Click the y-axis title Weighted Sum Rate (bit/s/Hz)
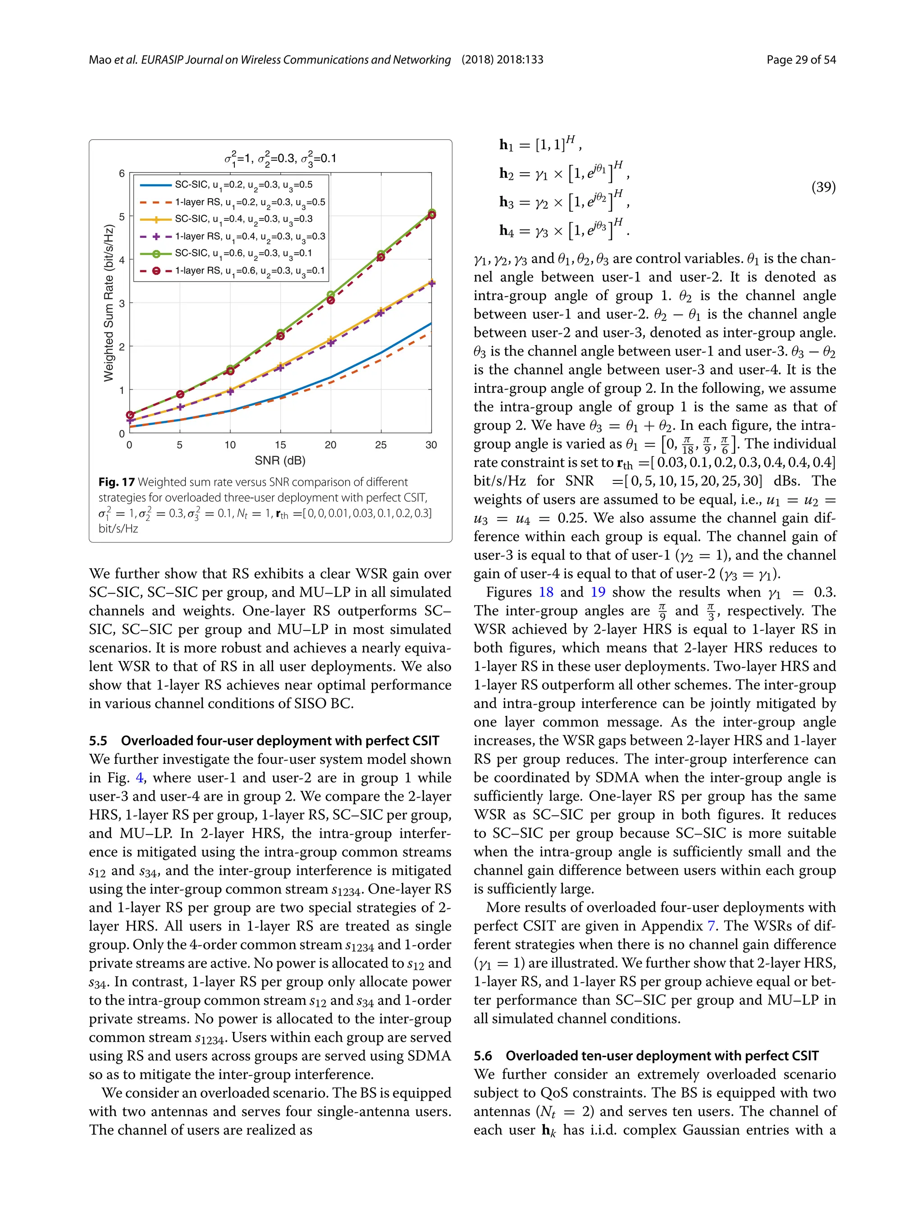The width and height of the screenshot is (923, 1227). pyautogui.click(x=109, y=303)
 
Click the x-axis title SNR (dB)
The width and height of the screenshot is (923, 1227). pyautogui.click(x=280, y=461)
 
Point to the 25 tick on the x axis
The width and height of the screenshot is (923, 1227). pyautogui.click(x=380, y=445)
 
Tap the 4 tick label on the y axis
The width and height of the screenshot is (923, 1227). pyautogui.click(x=122, y=260)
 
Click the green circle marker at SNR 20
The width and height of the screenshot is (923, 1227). pyautogui.click(x=331, y=295)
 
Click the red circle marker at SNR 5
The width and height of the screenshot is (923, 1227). pyautogui.click(x=180, y=394)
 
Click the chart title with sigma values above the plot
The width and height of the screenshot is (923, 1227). pyautogui.click(x=280, y=159)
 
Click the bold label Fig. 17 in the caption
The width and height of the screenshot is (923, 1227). pyautogui.click(x=116, y=482)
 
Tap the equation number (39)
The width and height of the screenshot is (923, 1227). pyautogui.click(x=823, y=187)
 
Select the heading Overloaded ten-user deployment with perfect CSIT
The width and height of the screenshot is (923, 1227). pyautogui.click(x=662, y=1056)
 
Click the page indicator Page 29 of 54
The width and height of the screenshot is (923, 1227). pyautogui.click(x=801, y=60)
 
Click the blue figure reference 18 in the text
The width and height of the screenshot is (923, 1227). pyautogui.click(x=546, y=593)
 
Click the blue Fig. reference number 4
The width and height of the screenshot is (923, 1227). pyautogui.click(x=139, y=778)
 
